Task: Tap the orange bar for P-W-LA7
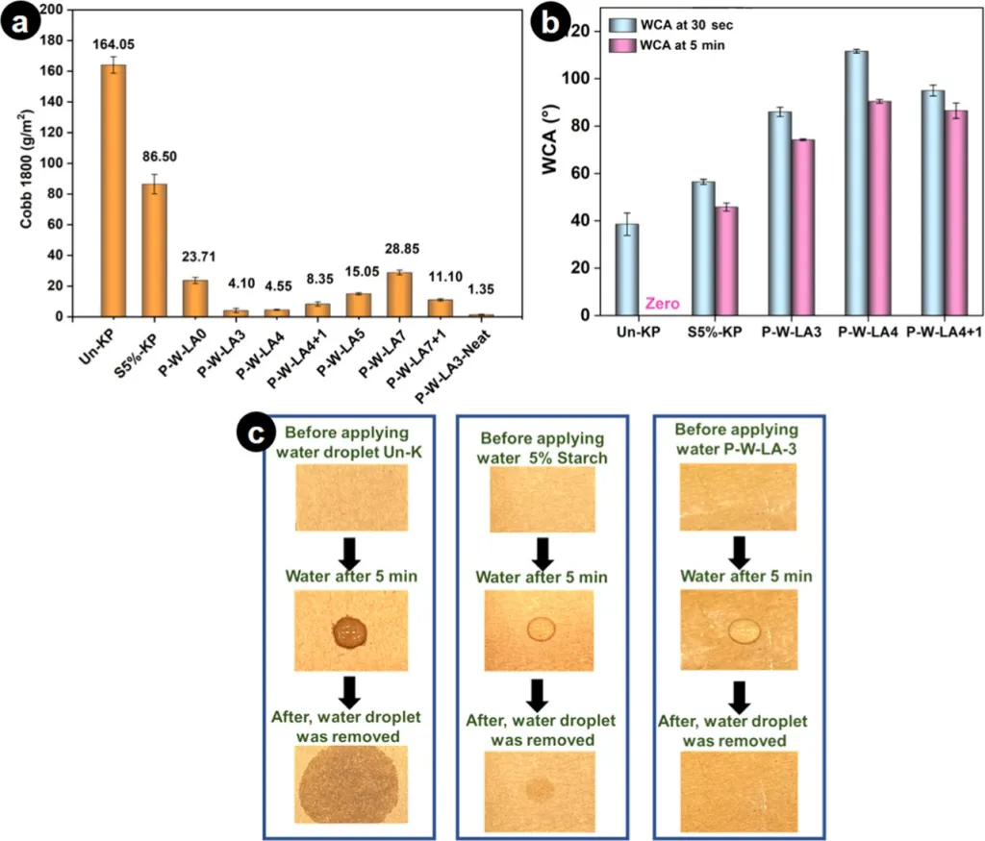click(399, 294)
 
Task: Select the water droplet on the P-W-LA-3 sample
click(743, 631)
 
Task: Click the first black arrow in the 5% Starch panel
click(543, 551)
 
